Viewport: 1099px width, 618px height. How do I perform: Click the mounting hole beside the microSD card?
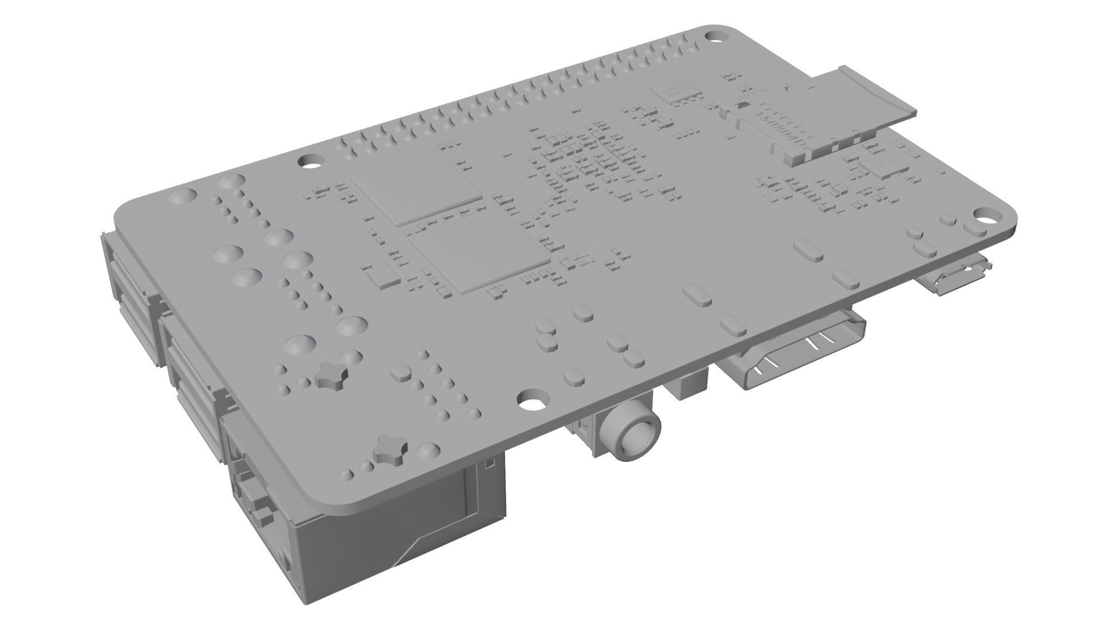click(714, 36)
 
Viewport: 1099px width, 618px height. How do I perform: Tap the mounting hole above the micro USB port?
click(986, 219)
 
